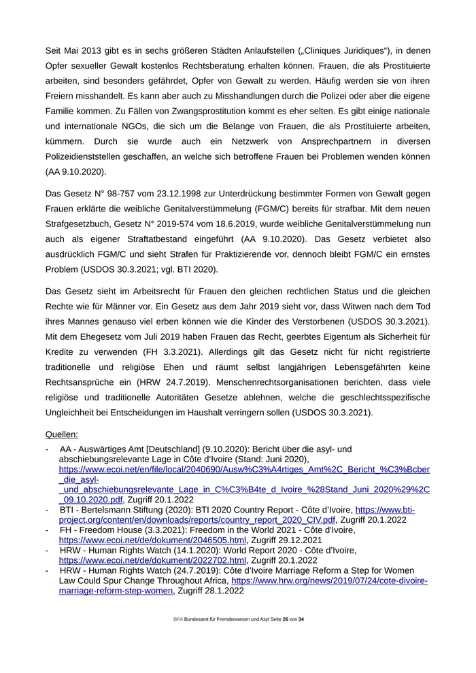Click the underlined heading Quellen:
pyautogui.click(x=61, y=434)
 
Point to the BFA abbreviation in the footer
pyautogui.click(x=177, y=620)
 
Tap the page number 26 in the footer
pyautogui.click(x=286, y=620)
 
